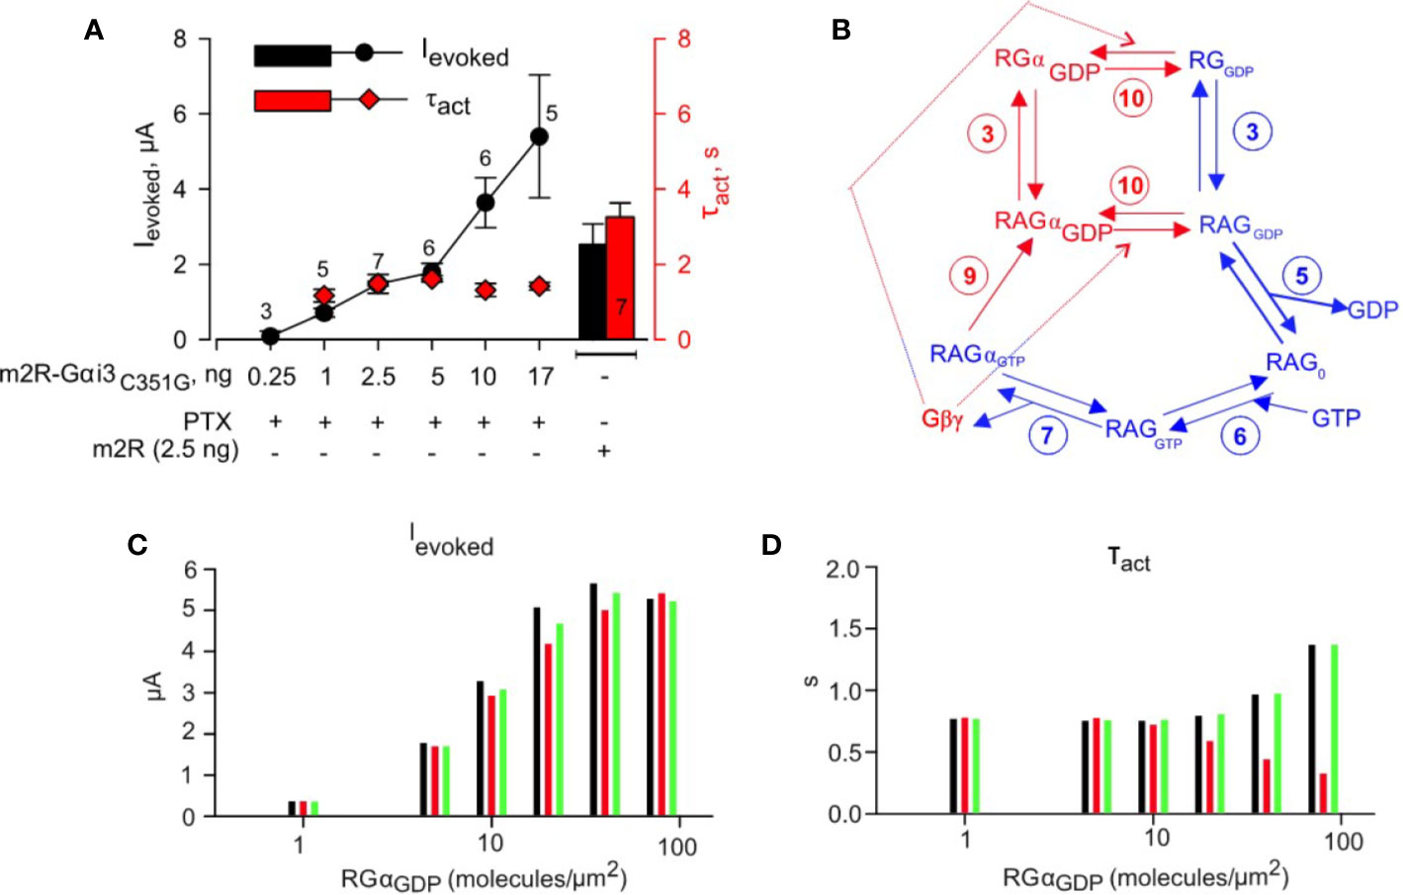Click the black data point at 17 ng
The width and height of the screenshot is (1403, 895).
(539, 136)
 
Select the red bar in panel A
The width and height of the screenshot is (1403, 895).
(620, 278)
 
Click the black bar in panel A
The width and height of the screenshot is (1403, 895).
(591, 292)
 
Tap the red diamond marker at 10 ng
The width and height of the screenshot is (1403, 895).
(484, 290)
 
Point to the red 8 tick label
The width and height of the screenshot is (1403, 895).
(683, 40)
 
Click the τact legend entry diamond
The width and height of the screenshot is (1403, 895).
(369, 99)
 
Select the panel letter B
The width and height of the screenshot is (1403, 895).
(841, 31)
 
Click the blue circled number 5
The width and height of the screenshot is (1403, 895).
(1301, 276)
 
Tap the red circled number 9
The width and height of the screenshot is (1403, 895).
(969, 276)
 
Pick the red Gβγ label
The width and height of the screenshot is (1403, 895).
(942, 418)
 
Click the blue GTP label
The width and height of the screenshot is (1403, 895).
(1336, 418)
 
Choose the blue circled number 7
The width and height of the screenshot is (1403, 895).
(1046, 435)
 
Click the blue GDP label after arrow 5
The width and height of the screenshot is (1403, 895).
(1373, 310)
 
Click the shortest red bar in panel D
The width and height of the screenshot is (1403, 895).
(1323, 793)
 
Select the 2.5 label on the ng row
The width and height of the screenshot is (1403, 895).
(378, 377)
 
